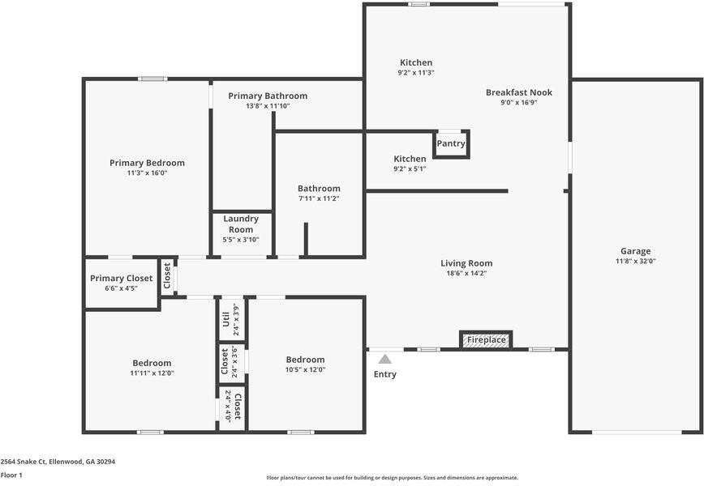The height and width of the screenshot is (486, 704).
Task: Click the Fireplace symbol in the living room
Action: tap(485, 340)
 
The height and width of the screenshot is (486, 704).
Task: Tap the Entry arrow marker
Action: tap(385, 359)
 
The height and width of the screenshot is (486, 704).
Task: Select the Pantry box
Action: tap(451, 143)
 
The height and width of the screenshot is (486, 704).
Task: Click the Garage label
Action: tap(635, 251)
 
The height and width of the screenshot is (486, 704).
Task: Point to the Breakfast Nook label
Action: tap(518, 92)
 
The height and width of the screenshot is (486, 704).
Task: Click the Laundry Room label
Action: tap(241, 224)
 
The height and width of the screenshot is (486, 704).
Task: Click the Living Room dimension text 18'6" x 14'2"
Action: tap(466, 273)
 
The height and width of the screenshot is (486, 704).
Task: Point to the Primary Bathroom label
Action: tap(268, 96)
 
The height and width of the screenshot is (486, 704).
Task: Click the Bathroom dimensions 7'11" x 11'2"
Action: tap(318, 198)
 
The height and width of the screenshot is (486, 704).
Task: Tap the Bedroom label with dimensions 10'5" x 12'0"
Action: tap(305, 360)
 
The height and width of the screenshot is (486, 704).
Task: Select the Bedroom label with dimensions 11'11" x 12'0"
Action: tap(152, 363)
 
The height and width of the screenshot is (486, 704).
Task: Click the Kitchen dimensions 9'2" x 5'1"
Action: tap(410, 168)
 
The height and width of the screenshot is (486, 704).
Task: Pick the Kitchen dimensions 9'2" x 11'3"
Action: tap(416, 73)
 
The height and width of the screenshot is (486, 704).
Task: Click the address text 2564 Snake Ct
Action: tap(58, 461)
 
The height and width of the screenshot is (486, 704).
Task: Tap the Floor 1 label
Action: tap(11, 475)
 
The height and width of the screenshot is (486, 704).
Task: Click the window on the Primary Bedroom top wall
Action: tap(152, 79)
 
